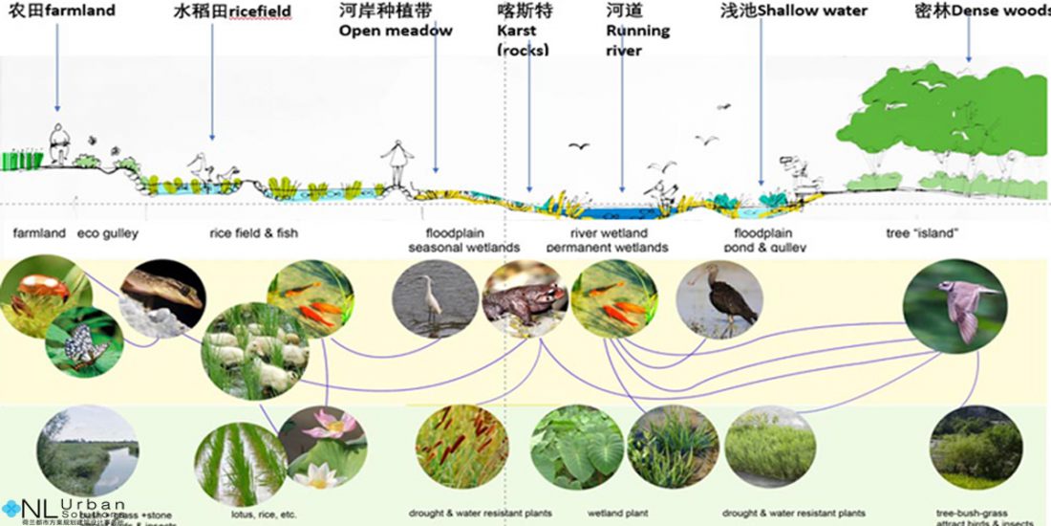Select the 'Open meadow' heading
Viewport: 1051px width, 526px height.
pyautogui.click(x=396, y=31)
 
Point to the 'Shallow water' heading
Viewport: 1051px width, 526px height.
pyautogui.click(x=820, y=11)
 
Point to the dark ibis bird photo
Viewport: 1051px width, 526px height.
pyautogui.click(x=719, y=298)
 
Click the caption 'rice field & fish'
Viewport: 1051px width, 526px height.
pyautogui.click(x=253, y=233)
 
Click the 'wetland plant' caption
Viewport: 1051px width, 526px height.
pyautogui.click(x=607, y=514)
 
